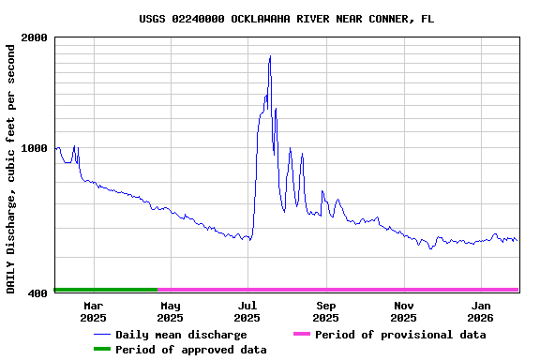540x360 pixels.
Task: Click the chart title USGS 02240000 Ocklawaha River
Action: pyautogui.click(x=286, y=19)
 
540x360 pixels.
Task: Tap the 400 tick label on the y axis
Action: pyautogui.click(x=38, y=293)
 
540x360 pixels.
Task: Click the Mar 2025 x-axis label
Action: pyautogui.click(x=93, y=311)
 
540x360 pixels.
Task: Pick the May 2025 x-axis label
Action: pyautogui.click(x=170, y=311)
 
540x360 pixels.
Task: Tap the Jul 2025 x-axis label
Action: pyautogui.click(x=247, y=311)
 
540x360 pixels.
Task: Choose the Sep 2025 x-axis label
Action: pyautogui.click(x=325, y=311)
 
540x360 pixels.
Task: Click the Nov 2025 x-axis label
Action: pyautogui.click(x=403, y=311)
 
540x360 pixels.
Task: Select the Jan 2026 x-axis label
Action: pyautogui.click(x=480, y=311)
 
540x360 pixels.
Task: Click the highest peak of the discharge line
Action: pyautogui.click(x=270, y=56)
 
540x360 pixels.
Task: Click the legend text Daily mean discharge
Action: pyautogui.click(x=181, y=335)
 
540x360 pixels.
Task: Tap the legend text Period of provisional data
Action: pyautogui.click(x=400, y=335)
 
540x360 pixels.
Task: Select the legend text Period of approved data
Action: pyautogui.click(x=191, y=350)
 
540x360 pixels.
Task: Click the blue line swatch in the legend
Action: pyautogui.click(x=101, y=335)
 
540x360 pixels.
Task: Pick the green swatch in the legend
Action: pyautogui.click(x=101, y=350)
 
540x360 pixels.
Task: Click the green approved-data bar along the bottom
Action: pyautogui.click(x=105, y=290)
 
